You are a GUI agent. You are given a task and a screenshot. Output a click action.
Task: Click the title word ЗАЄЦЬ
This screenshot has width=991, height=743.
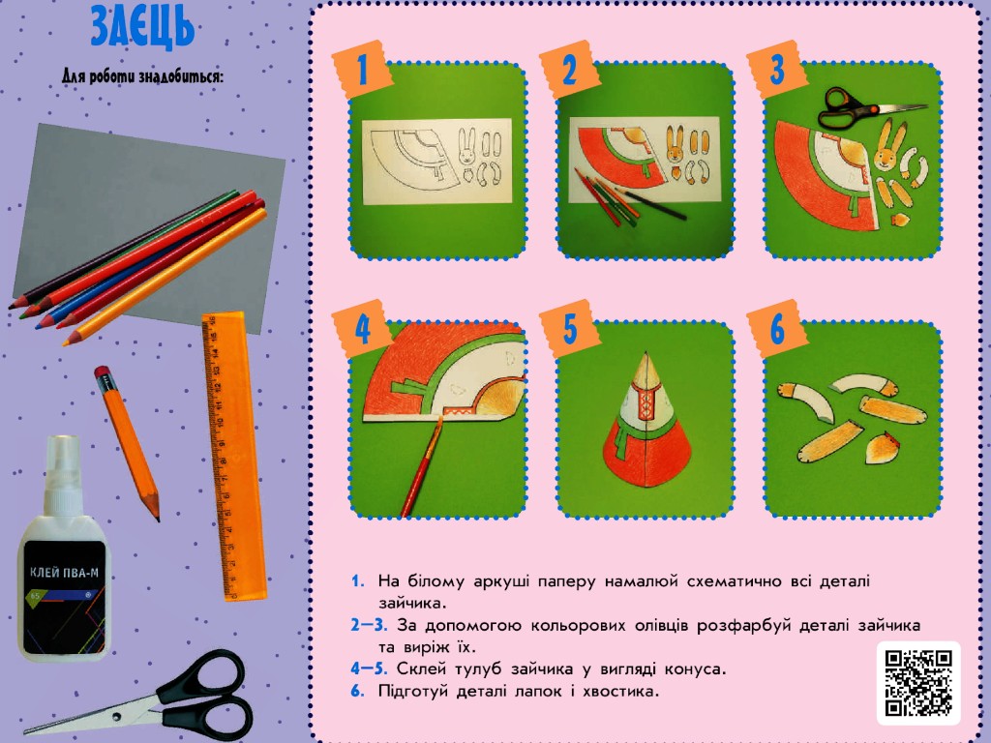pos(142,26)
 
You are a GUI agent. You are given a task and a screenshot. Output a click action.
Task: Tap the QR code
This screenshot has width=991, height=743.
pos(918,684)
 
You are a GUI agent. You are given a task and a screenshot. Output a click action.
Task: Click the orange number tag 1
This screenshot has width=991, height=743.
pos(362,69)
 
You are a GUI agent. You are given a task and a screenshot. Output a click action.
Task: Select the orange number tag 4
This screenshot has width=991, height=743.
pos(361,328)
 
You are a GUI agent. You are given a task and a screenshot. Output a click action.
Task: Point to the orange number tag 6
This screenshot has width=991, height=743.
pos(777,329)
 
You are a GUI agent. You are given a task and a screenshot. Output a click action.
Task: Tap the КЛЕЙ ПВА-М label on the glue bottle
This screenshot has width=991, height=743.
pos(65,574)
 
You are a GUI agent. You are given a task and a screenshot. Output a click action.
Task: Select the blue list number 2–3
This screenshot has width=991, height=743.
pos(369,625)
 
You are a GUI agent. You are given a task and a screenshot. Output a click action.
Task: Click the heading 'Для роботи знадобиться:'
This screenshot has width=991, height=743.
pos(143,76)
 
